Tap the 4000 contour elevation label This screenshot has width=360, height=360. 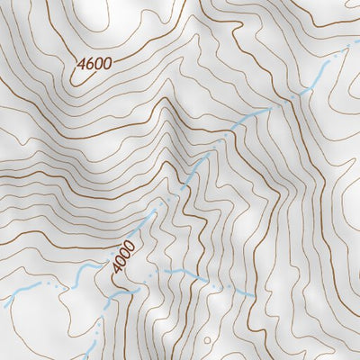point(124,256)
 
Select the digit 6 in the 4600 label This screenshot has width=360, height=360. point(91,65)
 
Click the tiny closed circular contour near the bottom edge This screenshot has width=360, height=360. point(209,340)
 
